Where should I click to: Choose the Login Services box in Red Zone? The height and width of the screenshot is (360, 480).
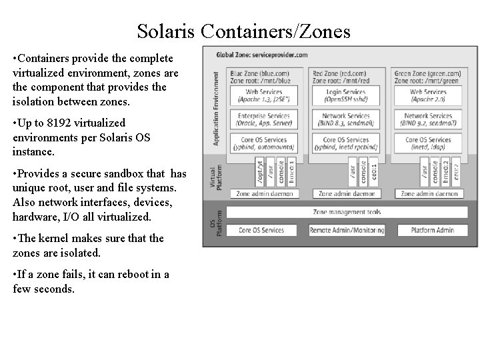345,95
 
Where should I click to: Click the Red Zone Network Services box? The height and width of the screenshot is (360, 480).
345,119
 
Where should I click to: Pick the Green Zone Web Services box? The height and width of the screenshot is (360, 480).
428,95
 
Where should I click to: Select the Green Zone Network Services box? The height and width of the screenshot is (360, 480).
428,119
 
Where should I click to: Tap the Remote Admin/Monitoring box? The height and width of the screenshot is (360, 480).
347,230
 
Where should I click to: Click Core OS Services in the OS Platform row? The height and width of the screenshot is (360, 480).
261,230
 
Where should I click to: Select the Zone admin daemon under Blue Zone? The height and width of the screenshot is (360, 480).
261,194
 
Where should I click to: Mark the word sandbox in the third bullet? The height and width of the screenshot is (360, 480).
125,174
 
